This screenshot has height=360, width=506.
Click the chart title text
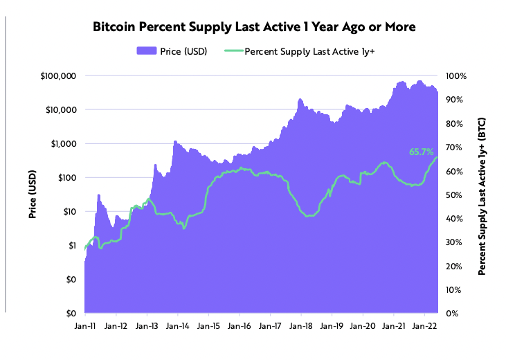(x=253, y=28)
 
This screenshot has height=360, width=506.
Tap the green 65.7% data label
(x=421, y=152)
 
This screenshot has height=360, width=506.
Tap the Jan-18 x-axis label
(x=301, y=325)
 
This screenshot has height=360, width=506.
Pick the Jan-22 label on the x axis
(x=424, y=325)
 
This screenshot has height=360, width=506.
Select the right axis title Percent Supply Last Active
(x=482, y=195)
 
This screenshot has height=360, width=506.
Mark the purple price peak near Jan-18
(x=300, y=100)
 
